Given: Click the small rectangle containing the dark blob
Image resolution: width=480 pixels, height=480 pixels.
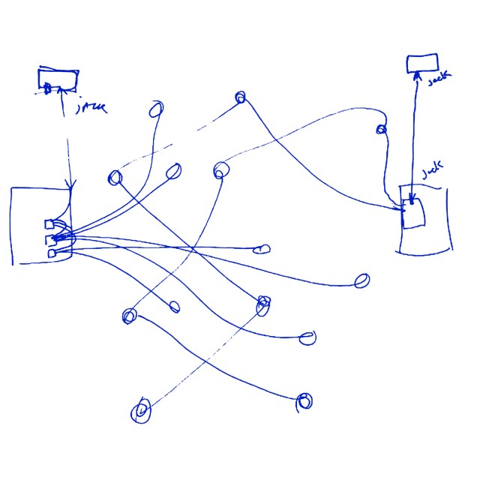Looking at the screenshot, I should coord(58,79).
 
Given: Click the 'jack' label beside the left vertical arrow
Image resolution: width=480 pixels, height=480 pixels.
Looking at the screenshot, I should coord(92,108).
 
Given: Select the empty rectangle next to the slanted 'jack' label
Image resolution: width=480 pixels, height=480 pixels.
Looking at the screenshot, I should coord(422,63).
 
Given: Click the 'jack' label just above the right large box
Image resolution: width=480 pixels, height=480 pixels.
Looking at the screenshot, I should coord(433,172).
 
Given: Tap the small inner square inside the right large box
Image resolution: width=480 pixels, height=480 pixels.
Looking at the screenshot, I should coord(415,212).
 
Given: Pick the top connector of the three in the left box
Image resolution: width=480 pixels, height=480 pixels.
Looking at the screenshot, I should coord(49,223).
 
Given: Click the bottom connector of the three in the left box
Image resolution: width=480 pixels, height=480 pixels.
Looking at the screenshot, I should coord(52,253).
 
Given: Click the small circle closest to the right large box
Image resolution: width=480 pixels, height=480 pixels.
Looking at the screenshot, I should coord(381,130).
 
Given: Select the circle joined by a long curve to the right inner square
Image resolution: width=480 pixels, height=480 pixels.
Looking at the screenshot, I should coord(240,97).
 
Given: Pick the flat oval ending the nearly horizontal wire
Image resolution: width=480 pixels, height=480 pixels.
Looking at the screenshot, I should coord(265,249).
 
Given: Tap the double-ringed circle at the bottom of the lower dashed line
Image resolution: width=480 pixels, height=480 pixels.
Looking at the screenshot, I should coord(141,410).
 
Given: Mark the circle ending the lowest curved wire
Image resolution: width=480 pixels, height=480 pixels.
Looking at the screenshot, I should coord(304,400).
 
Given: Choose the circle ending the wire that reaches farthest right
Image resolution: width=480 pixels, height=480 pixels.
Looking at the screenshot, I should coord(361,281).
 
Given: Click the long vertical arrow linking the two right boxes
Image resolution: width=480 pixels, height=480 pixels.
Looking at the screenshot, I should coord(412,135).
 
